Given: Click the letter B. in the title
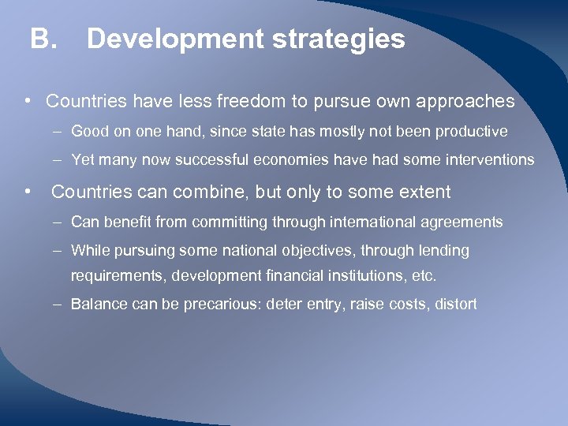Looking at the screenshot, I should [x=43, y=39].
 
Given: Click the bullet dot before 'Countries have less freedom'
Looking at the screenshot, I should [x=28, y=102].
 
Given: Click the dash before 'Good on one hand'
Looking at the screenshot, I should [x=59, y=131].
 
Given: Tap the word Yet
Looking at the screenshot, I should [x=83, y=160].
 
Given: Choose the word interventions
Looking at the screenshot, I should [x=491, y=160].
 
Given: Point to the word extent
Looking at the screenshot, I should [x=423, y=192].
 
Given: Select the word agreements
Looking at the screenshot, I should [x=466, y=222].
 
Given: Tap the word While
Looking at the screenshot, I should [x=88, y=251].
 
